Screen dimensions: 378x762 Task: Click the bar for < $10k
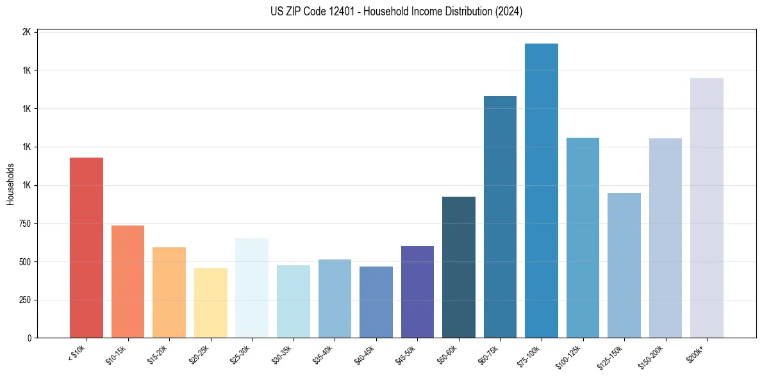tap(86, 247)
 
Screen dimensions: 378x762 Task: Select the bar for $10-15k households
tap(128, 281)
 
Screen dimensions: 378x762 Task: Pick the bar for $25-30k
tap(252, 288)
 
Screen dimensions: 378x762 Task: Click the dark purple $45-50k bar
tap(417, 292)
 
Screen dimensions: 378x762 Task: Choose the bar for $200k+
tap(707, 208)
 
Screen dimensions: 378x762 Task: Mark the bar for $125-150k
tap(624, 265)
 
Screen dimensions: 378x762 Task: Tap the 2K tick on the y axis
tap(28, 32)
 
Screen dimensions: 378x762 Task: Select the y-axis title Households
tap(11, 184)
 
